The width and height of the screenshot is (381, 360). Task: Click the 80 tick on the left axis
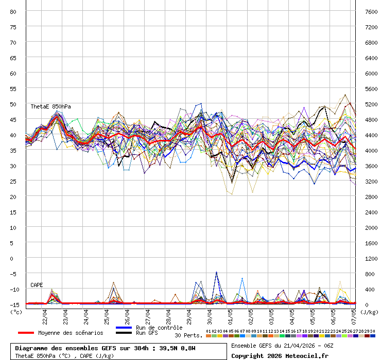(13, 11)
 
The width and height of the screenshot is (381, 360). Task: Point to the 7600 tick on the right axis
(371, 11)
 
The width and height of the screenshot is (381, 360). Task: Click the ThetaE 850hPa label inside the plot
(50, 106)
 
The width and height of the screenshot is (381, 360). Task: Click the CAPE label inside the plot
(37, 285)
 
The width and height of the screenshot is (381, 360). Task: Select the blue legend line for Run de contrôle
(124, 328)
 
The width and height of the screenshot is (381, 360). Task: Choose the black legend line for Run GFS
(124, 333)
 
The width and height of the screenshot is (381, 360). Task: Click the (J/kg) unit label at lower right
(369, 312)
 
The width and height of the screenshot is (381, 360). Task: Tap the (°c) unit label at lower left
(16, 312)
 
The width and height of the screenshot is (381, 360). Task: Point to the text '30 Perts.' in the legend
(188, 335)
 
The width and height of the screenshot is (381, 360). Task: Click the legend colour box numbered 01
(208, 336)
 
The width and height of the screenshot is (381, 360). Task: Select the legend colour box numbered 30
(373, 336)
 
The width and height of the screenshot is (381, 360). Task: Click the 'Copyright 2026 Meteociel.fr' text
(280, 355)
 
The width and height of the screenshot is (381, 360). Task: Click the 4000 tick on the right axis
(371, 150)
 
